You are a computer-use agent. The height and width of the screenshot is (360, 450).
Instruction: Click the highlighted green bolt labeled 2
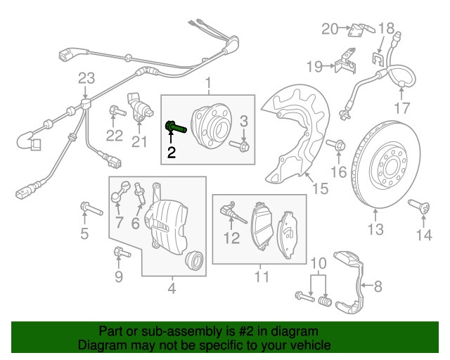point(174,128)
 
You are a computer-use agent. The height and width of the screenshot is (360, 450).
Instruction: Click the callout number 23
point(85,77)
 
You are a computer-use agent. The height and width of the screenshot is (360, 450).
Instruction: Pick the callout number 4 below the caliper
point(172,288)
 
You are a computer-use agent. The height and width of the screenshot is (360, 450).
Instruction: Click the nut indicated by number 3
point(243,146)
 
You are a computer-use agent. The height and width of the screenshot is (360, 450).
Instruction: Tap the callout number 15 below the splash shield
point(319,188)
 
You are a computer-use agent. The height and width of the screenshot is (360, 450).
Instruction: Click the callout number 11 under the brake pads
point(262,277)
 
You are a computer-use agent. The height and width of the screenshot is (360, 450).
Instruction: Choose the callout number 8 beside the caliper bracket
point(378,286)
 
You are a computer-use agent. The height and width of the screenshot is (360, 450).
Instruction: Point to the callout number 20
point(330,29)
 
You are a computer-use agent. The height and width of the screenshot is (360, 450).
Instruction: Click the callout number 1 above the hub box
point(208,85)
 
